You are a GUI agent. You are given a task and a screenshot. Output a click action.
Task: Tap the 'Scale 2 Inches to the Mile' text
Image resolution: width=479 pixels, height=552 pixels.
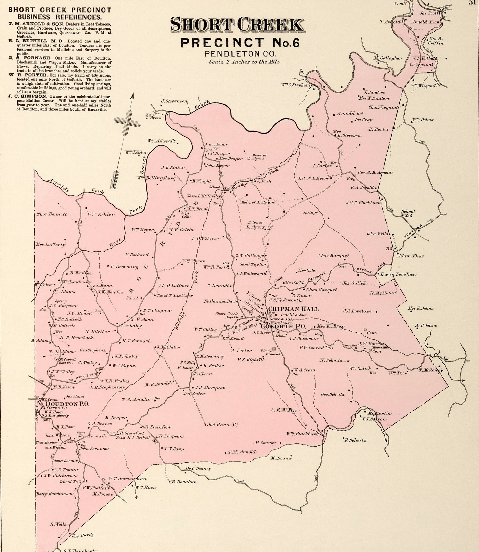click(x=244, y=62)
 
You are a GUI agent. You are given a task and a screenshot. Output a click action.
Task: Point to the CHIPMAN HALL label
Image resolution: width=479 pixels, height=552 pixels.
click(x=293, y=309)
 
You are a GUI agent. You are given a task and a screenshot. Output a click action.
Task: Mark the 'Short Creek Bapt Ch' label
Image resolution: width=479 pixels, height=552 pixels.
click(x=227, y=315)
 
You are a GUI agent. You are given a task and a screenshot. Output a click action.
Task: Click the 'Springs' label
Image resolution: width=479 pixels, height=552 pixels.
click(x=310, y=213)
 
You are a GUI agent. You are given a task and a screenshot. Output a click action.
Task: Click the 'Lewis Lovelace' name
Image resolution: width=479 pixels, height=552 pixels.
click(x=398, y=274)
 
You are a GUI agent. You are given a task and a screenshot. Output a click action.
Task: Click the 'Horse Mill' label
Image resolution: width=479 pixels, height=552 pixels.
click(x=381, y=347)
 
